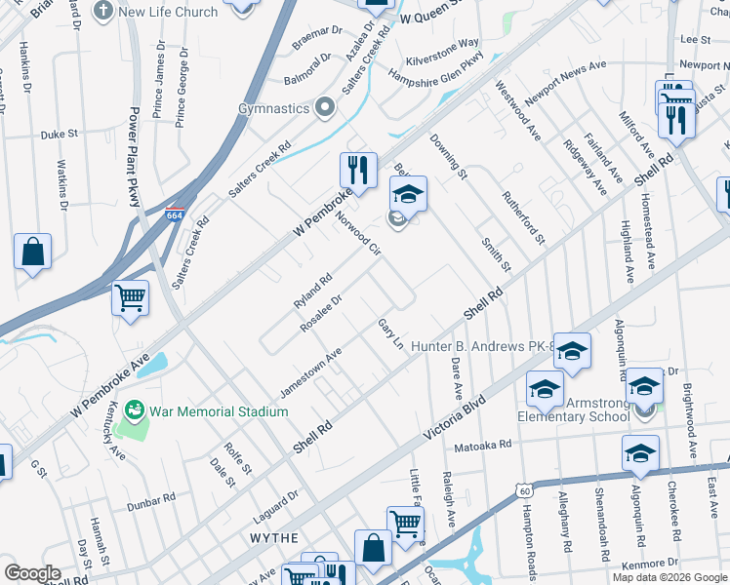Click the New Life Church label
168,12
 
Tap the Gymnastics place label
276,108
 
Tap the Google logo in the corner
33,573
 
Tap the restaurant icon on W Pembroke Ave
359,171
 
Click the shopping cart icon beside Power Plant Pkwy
130,297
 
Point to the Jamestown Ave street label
310,372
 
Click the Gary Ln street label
390,332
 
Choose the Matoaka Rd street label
483,446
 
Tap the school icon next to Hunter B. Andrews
573,350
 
